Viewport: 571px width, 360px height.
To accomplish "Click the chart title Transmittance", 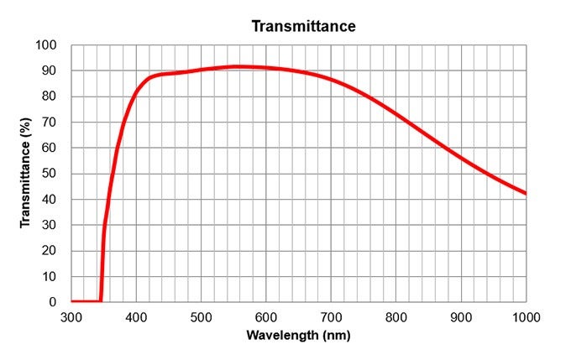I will coord(304,26).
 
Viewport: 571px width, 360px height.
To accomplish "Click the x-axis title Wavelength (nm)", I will coord(298,336).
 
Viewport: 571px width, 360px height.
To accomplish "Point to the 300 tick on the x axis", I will coord(71,316).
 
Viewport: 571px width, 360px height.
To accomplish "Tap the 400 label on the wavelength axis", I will coord(136,316).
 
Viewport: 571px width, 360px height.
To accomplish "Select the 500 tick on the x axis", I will coord(201,316).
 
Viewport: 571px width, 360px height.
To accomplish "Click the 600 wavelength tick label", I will coord(266,316).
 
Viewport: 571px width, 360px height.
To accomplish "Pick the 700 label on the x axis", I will coord(331,316).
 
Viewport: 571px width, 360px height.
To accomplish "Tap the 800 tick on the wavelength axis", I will coord(396,316).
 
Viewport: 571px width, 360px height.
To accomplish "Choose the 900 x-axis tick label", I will coord(461,316).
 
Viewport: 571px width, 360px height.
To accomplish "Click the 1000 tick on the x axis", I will coord(526,316).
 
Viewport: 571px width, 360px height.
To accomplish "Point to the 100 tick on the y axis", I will coord(47,44).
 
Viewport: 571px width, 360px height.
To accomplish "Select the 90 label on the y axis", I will coord(50,70).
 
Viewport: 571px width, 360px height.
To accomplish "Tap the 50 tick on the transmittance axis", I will coord(50,174).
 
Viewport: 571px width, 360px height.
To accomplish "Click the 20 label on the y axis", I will coord(50,251).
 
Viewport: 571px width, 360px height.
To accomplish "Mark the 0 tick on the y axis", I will coord(54,302).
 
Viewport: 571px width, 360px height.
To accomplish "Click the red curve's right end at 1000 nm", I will coord(526,194).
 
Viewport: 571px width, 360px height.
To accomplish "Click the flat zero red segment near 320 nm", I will coord(85,301).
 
